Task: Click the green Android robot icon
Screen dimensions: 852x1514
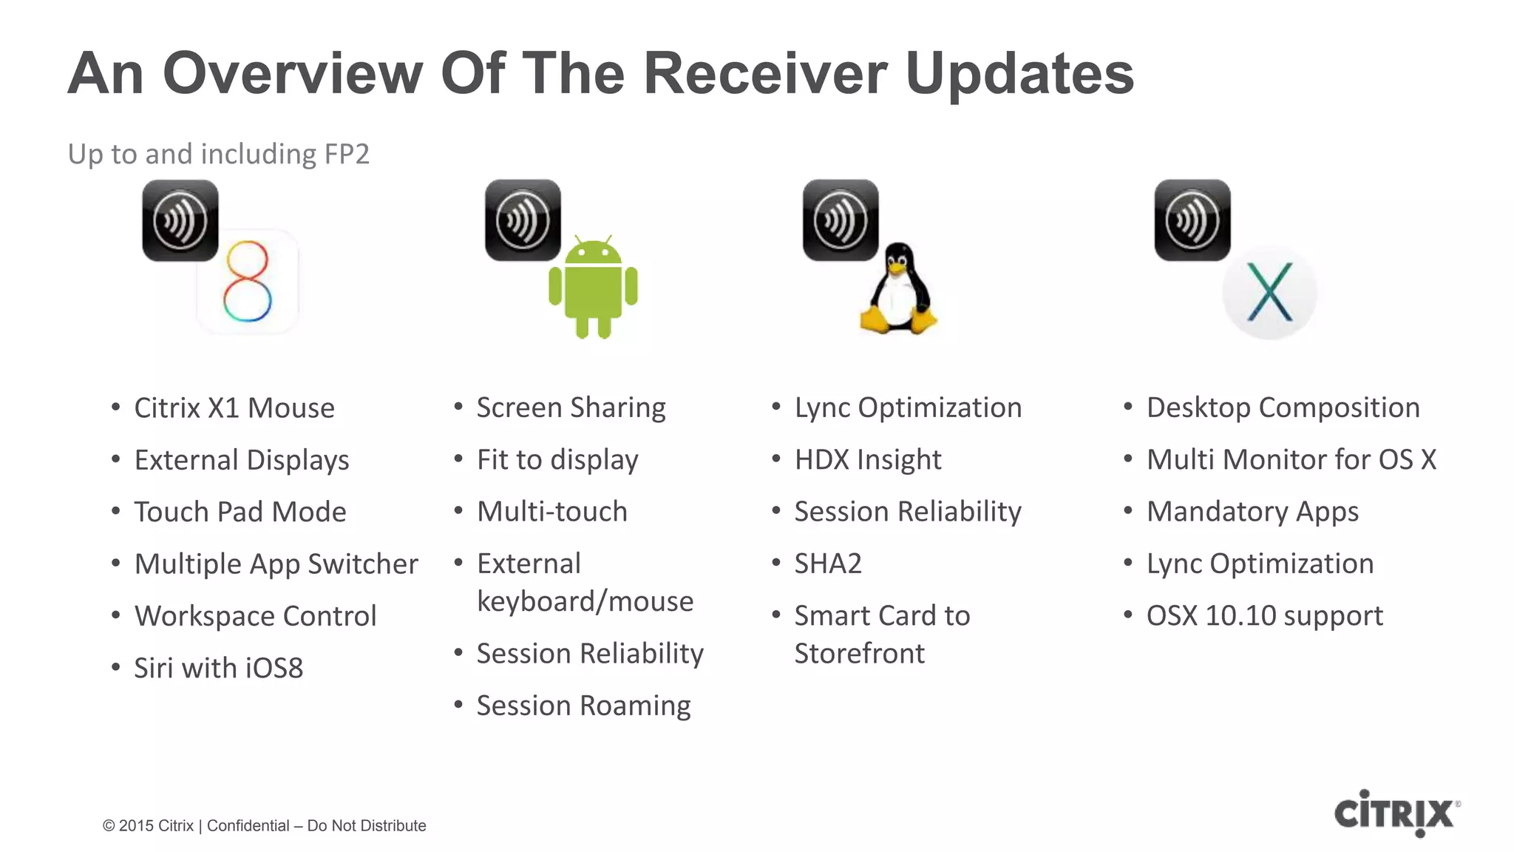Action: pos(593,288)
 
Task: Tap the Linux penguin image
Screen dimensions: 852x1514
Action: pos(898,290)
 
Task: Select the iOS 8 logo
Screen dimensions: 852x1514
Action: pos(248,282)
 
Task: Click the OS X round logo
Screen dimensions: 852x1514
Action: pos(1269,293)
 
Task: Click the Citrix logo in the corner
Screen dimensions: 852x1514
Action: pos(1396,813)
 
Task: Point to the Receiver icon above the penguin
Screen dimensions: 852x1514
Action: pos(841,220)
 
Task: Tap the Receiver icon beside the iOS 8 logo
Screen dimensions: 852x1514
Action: pos(180,220)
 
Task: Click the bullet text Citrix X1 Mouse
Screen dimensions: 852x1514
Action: pos(234,408)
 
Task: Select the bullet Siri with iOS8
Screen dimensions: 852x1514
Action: pos(218,669)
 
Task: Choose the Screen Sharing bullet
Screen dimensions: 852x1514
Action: pos(571,408)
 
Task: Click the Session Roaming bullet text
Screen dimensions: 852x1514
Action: pos(583,706)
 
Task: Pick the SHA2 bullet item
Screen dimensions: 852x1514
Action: pos(828,564)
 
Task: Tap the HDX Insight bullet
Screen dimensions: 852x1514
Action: pos(868,460)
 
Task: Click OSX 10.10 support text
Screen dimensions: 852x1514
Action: pos(1264,616)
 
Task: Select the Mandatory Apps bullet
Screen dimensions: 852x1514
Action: pos(1252,512)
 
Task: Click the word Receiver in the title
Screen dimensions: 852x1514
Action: pos(764,73)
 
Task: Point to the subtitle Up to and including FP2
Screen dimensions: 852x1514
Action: pos(218,154)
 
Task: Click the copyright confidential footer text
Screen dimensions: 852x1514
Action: pos(264,825)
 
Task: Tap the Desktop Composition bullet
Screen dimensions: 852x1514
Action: pos(1283,408)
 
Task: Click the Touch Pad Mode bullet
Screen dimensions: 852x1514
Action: pos(240,512)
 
